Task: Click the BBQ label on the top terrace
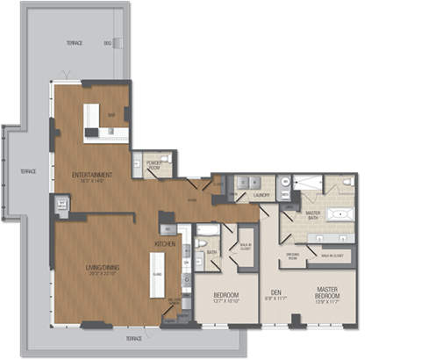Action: [107, 42]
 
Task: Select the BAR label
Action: [111, 115]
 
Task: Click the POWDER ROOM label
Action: [159, 163]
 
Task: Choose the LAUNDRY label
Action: [260, 196]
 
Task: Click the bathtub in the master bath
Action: [339, 213]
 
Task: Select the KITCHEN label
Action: [166, 242]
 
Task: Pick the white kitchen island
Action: [158, 274]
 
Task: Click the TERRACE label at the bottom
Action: [133, 337]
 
